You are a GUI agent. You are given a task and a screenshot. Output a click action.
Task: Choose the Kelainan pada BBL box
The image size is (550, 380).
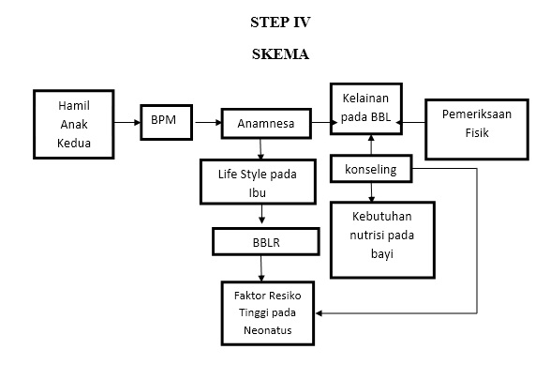(x=365, y=107)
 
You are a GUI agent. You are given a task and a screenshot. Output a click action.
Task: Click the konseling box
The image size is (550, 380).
(x=371, y=170)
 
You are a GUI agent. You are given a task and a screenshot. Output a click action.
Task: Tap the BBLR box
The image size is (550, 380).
(x=260, y=241)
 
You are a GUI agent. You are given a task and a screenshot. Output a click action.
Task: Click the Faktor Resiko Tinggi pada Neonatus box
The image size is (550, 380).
(x=265, y=311)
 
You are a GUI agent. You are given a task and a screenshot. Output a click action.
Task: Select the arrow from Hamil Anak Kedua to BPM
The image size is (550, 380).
(x=126, y=122)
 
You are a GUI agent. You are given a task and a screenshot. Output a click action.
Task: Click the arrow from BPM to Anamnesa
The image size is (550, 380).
(x=205, y=122)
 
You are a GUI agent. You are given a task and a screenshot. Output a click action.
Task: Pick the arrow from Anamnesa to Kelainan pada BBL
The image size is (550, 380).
(x=316, y=122)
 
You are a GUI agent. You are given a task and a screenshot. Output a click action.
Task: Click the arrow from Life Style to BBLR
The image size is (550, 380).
(x=260, y=217)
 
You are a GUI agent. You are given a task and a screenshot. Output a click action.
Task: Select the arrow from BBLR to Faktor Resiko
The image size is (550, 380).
(x=260, y=267)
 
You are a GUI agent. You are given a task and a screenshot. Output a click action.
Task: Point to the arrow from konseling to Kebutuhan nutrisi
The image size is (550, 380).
(x=372, y=192)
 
